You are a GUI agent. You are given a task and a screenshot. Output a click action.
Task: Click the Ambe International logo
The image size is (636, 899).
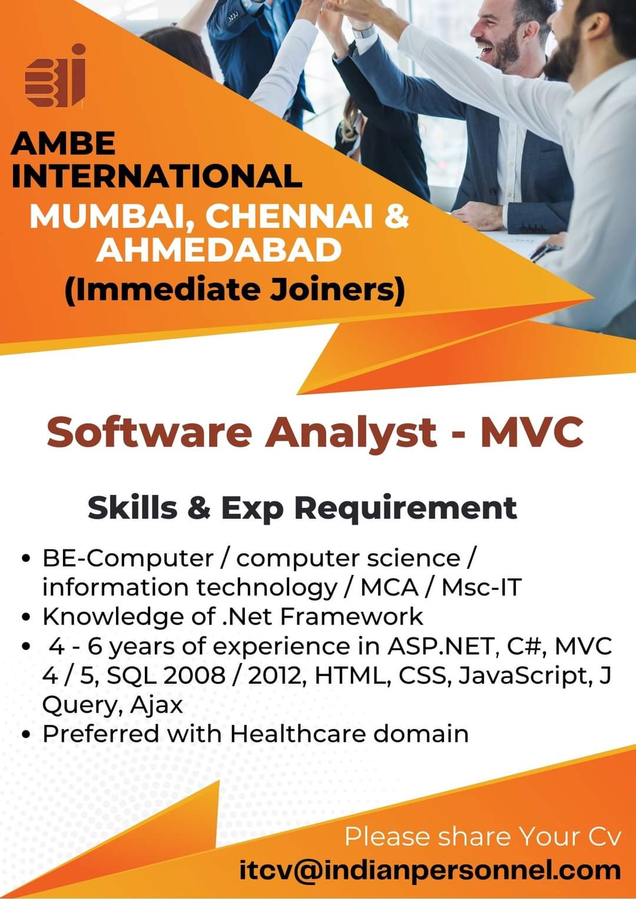55,75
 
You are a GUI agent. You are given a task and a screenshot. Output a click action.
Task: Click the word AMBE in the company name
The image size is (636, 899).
63,144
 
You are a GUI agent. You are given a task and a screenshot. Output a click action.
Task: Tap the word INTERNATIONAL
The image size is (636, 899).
157,176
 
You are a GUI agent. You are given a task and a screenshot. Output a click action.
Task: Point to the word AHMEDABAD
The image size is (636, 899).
218,250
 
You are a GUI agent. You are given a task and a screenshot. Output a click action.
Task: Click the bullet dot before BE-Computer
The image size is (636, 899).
27,559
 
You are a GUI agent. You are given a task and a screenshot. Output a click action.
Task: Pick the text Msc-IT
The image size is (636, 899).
481,588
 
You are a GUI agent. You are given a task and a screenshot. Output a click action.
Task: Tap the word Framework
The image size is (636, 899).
351,617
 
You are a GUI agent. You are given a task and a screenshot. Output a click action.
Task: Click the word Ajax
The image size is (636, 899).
156,705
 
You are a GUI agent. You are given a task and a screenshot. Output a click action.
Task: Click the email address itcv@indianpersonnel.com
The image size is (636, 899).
430,870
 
